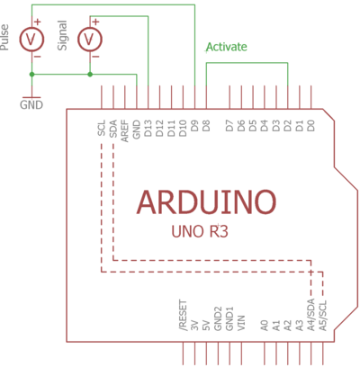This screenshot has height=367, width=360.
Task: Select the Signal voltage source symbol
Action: pyautogui.click(x=89, y=40)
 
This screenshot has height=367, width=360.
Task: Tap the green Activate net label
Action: pyautogui.click(x=227, y=47)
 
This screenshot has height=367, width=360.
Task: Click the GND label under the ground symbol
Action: pyautogui.click(x=31, y=103)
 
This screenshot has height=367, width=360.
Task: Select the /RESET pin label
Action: pyautogui.click(x=184, y=316)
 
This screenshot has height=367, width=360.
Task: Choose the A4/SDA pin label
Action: pyautogui.click(x=311, y=316)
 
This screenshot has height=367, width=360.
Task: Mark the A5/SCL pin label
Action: pyautogui.click(x=323, y=316)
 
